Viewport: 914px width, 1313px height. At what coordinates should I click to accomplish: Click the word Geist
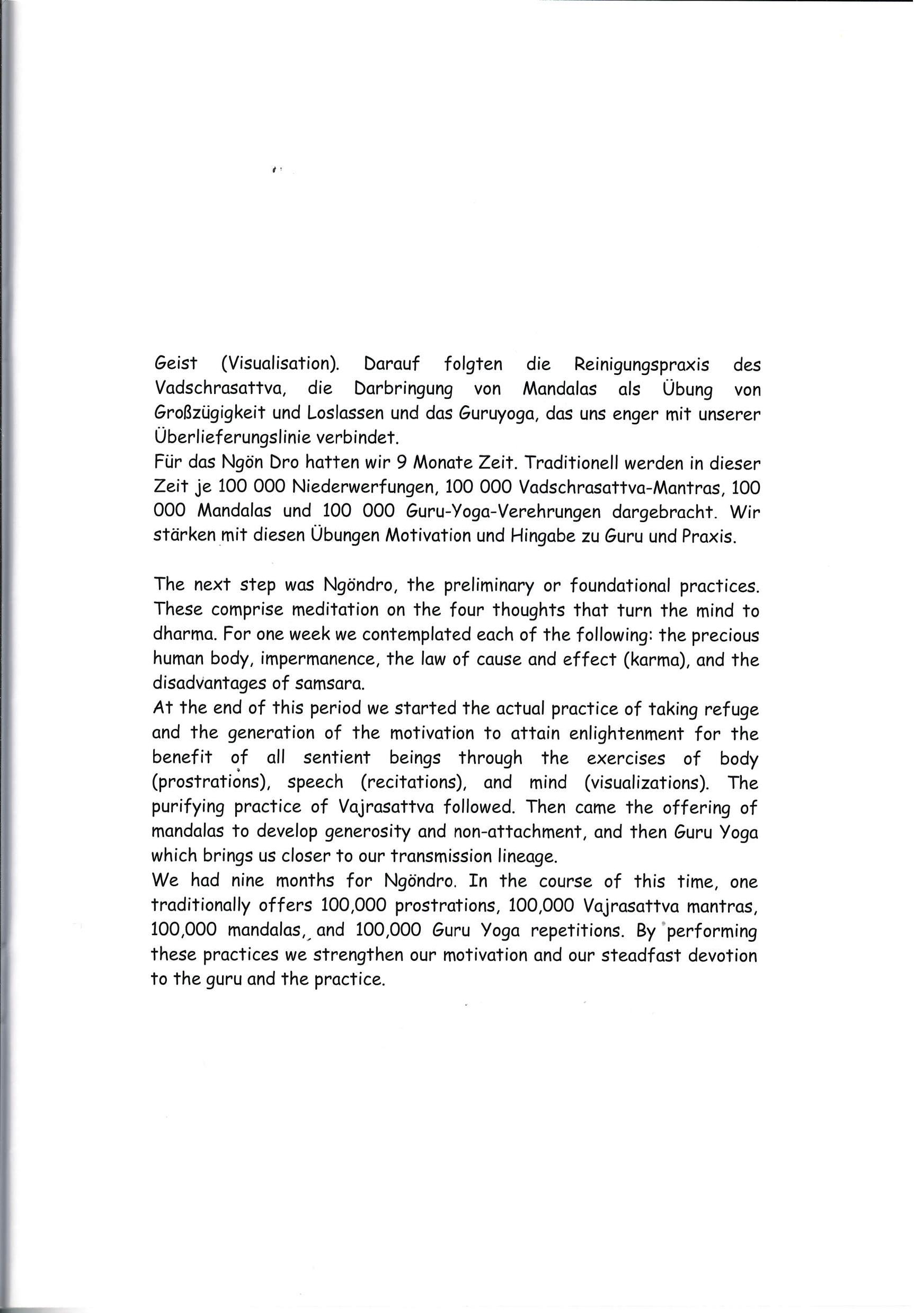[175, 364]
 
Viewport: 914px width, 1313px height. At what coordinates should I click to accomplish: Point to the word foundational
[613, 586]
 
